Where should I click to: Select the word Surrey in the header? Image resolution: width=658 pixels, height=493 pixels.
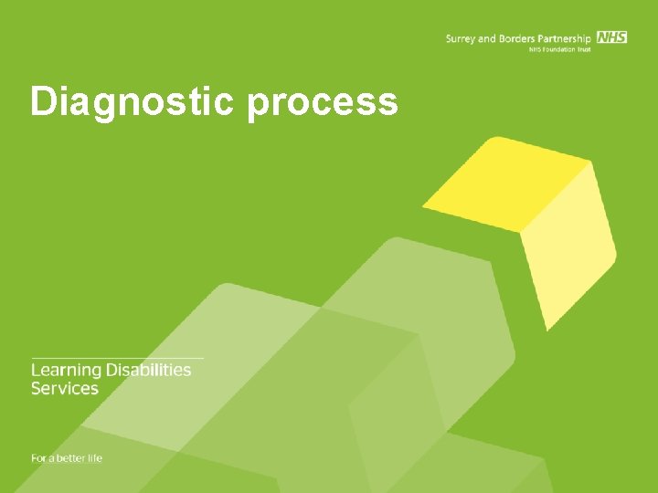[461, 38]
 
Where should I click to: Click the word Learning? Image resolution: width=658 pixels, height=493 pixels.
[66, 371]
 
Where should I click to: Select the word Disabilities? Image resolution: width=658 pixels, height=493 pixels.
[148, 370]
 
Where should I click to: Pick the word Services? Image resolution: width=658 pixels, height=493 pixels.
[64, 388]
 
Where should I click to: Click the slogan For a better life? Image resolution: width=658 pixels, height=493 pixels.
[67, 457]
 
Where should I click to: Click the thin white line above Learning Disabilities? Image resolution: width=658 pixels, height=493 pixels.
[117, 357]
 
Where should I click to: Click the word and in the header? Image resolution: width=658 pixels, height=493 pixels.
[486, 38]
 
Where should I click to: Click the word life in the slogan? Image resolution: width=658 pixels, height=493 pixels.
[95, 457]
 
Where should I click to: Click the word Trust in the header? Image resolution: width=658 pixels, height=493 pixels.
[584, 49]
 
